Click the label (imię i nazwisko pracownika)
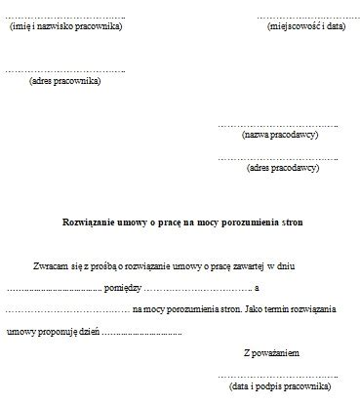[65, 26]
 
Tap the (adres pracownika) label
[65, 81]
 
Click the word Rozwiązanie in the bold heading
[89, 222]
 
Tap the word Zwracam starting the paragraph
[50, 265]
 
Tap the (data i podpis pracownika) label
[277, 387]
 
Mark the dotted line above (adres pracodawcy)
[277, 158]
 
